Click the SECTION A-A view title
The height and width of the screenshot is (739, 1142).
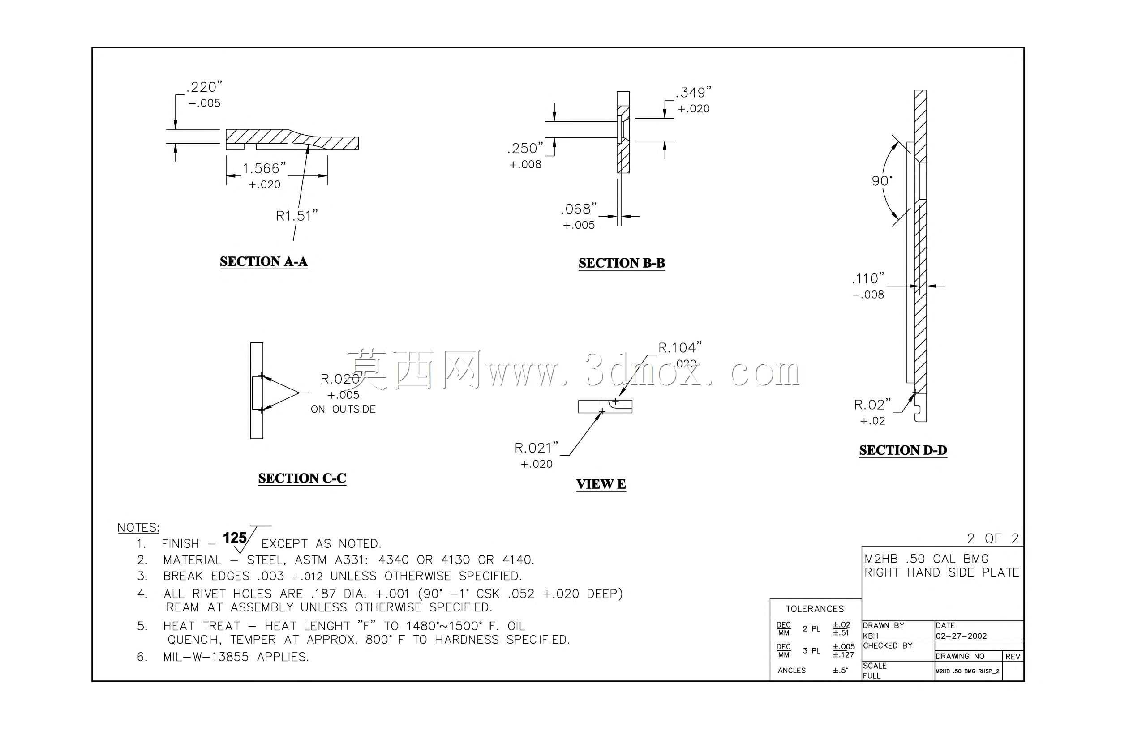tap(263, 262)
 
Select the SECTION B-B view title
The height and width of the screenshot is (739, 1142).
tap(622, 263)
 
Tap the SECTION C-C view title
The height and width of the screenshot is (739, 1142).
tap(302, 478)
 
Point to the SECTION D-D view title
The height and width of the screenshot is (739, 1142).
tap(903, 450)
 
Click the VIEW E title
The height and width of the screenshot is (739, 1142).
tap(601, 484)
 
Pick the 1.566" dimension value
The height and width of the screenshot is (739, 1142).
tap(264, 168)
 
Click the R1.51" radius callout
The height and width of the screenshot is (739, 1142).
tap(297, 216)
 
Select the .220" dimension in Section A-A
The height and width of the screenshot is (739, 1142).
tap(204, 87)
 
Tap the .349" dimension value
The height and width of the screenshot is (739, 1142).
tap(693, 92)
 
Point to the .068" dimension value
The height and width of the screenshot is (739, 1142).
tap(579, 209)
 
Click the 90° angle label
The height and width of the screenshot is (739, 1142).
tap(882, 181)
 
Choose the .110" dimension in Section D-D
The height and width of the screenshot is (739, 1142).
tap(868, 278)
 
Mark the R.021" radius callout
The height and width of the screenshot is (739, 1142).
tap(537, 448)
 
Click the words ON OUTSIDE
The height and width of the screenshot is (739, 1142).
tap(343, 410)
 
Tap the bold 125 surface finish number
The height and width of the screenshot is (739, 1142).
tap(235, 538)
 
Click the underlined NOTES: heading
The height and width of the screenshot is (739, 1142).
tap(138, 528)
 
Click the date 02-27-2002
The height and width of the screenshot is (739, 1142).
tap(961, 636)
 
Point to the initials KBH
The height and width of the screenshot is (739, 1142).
tap(871, 636)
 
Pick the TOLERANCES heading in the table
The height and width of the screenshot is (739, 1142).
tap(815, 609)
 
